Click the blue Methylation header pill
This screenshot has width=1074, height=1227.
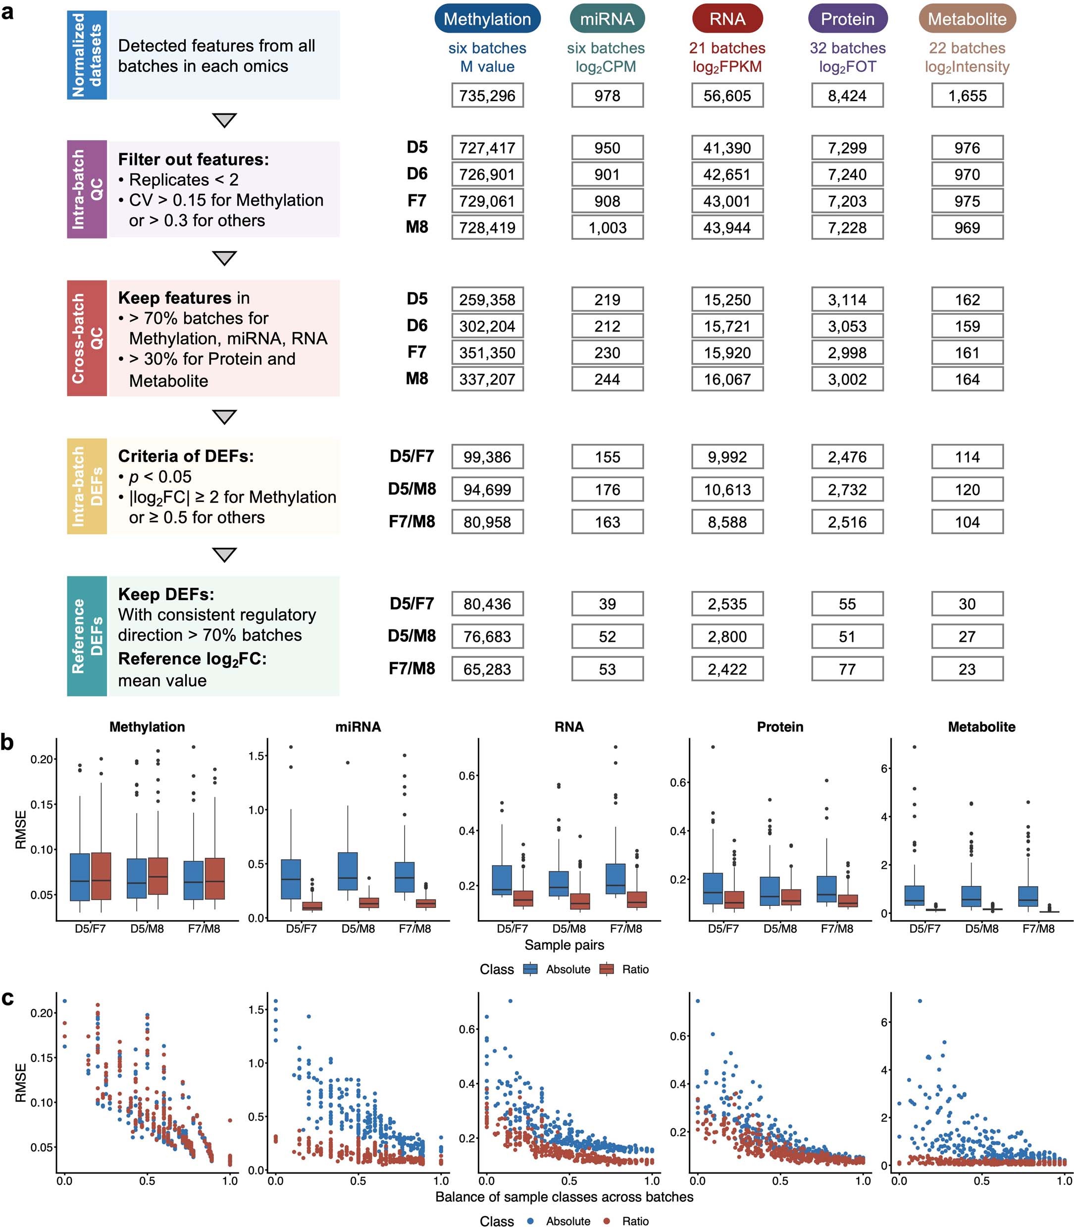click(487, 19)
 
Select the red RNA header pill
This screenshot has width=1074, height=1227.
click(727, 19)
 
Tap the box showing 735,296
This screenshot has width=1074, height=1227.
click(487, 95)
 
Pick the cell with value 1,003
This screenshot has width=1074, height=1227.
click(607, 227)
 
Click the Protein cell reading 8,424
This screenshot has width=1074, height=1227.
click(847, 95)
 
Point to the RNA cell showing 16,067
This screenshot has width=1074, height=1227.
click(727, 379)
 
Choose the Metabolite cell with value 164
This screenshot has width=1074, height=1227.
click(967, 379)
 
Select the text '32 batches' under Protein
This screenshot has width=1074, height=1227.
click(847, 48)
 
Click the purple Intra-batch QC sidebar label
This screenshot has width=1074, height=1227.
click(87, 189)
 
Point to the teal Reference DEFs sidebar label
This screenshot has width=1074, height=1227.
click(87, 636)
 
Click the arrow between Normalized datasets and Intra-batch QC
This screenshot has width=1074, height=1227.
click(224, 120)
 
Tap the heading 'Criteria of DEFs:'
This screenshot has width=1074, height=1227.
click(186, 456)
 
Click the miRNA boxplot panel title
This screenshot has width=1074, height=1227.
click(358, 727)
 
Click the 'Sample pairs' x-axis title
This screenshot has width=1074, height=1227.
click(564, 945)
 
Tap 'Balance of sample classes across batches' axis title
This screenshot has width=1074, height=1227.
click(564, 1197)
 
